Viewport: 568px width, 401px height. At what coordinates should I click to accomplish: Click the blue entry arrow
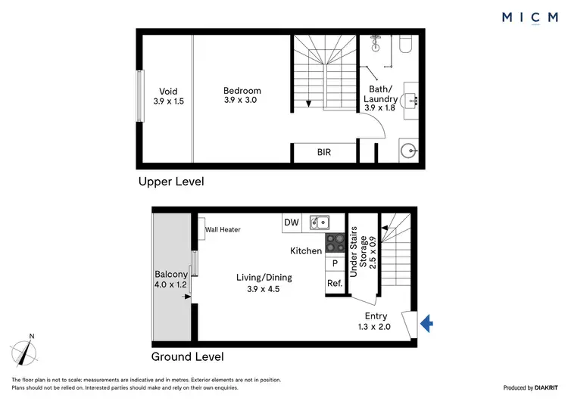pos(426,324)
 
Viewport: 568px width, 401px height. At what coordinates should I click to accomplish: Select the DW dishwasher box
pos(292,222)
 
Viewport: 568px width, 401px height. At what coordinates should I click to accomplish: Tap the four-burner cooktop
pos(335,243)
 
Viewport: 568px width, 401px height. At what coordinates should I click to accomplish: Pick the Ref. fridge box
pos(334,284)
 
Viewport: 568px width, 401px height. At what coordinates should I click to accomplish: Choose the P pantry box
pos(334,263)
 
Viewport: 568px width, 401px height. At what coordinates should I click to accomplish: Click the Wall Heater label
pos(223,229)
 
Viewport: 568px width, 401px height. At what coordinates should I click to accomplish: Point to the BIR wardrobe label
pos(323,152)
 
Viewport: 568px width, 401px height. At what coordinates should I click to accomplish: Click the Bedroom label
pos(242,91)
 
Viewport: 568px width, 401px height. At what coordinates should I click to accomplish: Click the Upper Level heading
pos(170,182)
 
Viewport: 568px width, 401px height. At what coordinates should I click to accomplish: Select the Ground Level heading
pos(187,356)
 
